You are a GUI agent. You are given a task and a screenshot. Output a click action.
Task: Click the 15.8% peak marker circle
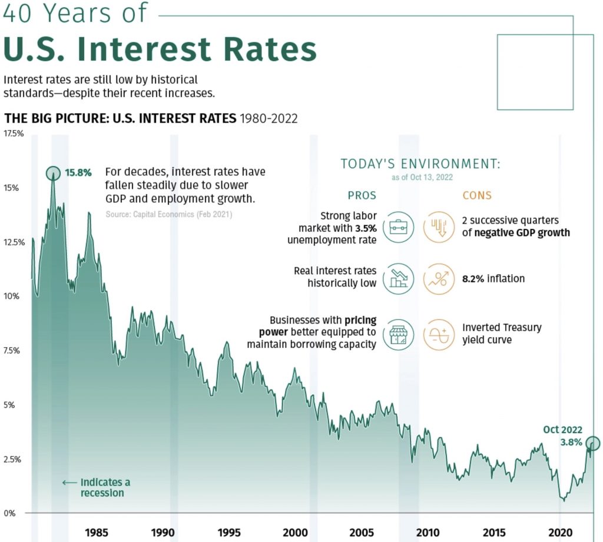53,173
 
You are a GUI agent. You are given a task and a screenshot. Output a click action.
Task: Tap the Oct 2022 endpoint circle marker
593,443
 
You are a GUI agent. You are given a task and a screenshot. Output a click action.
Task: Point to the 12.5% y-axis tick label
14,242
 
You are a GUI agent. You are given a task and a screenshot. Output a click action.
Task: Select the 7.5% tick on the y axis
14,350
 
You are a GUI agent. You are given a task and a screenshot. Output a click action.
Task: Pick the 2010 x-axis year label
428,533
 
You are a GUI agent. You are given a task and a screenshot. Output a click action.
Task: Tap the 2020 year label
560,533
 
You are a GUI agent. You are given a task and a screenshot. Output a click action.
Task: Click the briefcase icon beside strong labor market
398,227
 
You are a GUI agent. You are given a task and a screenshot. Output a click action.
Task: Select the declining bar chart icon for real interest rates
398,278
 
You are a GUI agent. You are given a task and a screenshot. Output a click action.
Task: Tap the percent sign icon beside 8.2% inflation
439,278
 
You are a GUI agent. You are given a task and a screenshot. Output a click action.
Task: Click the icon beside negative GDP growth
439,227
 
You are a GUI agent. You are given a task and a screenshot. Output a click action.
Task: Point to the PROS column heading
362,195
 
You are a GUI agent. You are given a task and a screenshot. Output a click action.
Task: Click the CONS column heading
477,195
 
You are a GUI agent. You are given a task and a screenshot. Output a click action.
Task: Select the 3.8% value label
571,442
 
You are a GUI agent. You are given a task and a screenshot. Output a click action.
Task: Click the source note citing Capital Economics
169,215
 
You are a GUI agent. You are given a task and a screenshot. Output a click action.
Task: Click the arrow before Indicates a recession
69,483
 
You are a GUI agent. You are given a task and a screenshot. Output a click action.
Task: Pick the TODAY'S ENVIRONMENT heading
420,164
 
